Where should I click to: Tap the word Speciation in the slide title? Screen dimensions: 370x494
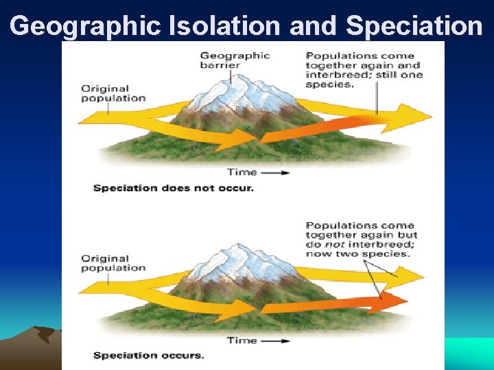pos(414,25)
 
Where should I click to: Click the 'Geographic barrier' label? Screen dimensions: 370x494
pos(235,61)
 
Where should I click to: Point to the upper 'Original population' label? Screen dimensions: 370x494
pos(113,92)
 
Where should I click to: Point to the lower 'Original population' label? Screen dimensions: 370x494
pos(113,263)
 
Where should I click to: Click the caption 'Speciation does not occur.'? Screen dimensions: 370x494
pos(173,188)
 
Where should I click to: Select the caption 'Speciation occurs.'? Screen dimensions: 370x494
pos(148,355)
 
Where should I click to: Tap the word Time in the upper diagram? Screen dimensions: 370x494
pos(242,172)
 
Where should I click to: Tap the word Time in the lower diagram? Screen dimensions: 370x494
pos(242,340)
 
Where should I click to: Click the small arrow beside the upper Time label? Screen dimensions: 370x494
pos(276,173)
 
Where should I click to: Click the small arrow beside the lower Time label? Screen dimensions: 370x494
pos(276,341)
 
